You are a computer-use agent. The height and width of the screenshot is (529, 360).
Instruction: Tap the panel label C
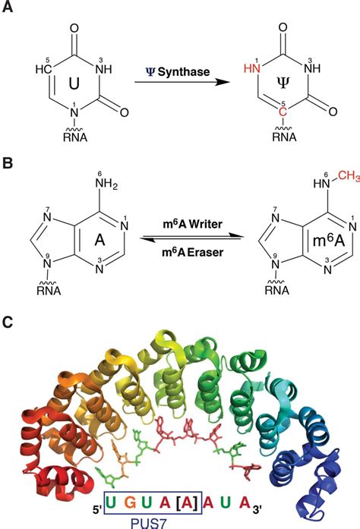[9, 322]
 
